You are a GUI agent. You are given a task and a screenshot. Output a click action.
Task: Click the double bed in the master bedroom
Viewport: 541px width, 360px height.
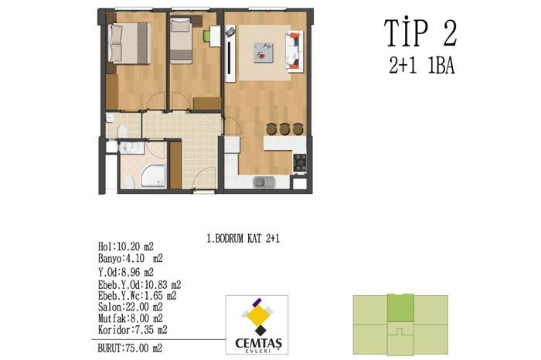129,43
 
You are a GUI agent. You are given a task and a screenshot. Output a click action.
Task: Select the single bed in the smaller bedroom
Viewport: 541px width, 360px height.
181,41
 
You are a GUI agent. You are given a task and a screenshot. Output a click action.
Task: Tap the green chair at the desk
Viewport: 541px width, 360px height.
206,36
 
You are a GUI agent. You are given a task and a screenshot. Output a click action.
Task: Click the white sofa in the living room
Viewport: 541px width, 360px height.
294,52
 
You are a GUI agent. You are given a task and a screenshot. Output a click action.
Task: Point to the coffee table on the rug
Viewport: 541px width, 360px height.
264,53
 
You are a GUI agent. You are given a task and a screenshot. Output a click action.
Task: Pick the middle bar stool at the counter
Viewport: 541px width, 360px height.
284,129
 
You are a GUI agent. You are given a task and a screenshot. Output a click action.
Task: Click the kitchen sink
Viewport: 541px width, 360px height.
264,182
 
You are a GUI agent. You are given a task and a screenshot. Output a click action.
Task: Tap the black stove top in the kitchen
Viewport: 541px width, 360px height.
300,163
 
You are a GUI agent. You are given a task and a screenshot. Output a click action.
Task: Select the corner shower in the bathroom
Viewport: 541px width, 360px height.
154,176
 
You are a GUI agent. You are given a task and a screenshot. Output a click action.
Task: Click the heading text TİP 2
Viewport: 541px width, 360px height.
420,32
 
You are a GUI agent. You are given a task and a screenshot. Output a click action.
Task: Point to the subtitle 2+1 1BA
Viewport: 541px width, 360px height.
422,66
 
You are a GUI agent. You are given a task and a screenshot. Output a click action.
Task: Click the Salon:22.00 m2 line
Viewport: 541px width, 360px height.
130,307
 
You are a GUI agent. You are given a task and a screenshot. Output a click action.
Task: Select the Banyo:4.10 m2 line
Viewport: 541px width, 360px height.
131,258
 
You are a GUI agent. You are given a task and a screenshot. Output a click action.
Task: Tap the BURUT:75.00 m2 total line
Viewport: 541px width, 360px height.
130,348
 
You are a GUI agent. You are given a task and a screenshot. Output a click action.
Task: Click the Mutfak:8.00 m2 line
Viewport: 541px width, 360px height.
131,318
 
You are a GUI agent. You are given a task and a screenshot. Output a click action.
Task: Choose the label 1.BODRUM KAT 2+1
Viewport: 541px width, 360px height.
243,238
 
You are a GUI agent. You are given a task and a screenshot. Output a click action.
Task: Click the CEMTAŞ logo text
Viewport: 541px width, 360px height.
258,343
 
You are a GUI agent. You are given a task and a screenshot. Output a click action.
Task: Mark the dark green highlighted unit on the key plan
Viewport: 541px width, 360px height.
400,308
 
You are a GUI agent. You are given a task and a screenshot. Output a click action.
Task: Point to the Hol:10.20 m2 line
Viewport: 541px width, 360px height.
125,246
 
